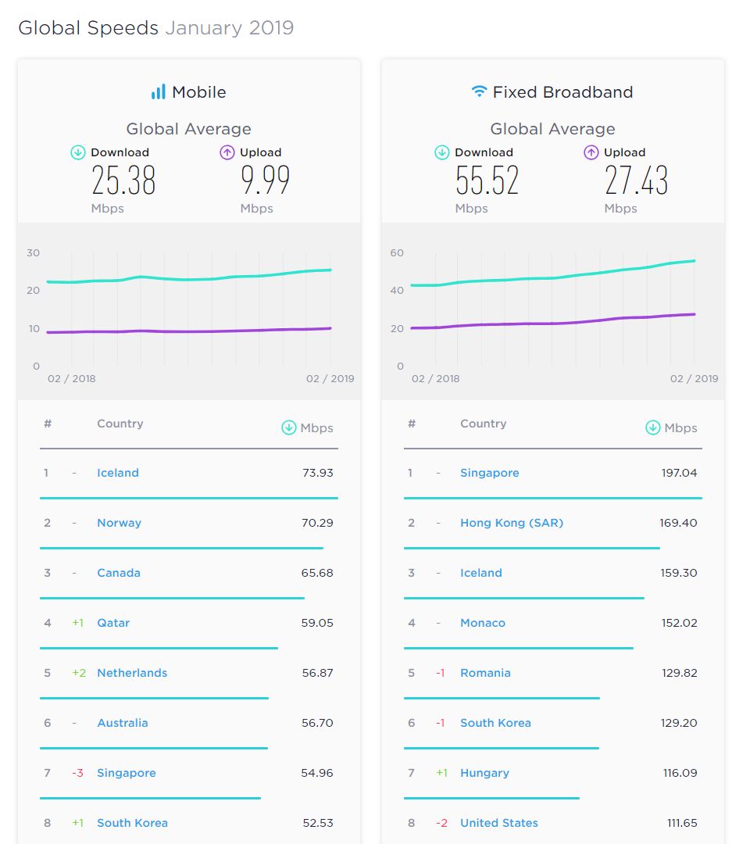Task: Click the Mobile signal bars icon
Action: [x=159, y=92]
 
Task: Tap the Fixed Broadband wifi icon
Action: [x=479, y=91]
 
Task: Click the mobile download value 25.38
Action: [x=123, y=180]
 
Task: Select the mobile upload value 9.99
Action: [x=265, y=180]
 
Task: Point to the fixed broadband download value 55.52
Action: [x=487, y=180]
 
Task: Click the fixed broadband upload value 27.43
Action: [x=636, y=180]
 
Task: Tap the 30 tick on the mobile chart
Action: [x=34, y=252]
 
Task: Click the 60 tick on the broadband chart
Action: [x=397, y=252]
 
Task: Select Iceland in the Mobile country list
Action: [x=118, y=473]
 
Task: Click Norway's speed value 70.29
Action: [x=318, y=523]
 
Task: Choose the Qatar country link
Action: [x=113, y=623]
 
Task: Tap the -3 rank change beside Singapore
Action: [x=77, y=773]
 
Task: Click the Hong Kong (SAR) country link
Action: [x=512, y=523]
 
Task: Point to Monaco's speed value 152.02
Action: [x=680, y=623]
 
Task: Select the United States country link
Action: [x=499, y=823]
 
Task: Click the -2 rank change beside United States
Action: [x=441, y=823]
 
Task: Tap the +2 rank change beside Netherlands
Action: [x=79, y=673]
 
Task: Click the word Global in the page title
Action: [x=49, y=28]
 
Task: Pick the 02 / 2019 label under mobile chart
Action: [x=330, y=378]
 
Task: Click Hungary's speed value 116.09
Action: [x=680, y=773]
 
